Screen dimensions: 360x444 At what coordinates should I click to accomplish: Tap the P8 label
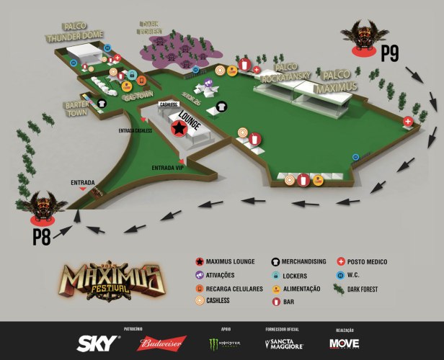click(41, 237)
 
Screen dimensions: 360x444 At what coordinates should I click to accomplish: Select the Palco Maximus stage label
click(339, 80)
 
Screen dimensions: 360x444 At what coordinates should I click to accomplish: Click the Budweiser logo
click(162, 343)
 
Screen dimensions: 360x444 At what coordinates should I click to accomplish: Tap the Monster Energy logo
click(223, 343)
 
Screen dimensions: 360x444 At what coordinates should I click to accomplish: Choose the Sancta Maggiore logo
click(284, 343)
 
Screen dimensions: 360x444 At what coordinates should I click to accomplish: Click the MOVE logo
click(344, 343)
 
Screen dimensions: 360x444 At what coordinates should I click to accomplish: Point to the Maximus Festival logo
click(109, 280)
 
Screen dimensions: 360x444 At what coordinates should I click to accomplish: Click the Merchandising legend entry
click(301, 261)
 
